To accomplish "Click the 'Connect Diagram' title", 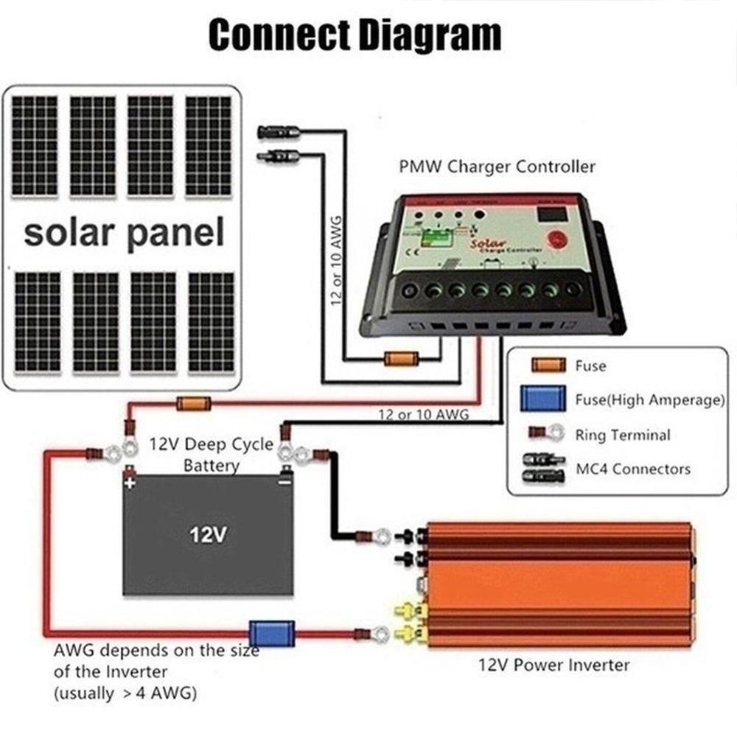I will pos(354,35).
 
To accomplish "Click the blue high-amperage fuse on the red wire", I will pos(262,632).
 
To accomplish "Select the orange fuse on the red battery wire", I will pos(194,403).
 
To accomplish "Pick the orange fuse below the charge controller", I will pos(402,359).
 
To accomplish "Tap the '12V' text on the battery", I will pos(207,534).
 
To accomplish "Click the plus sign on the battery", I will pos(130,484).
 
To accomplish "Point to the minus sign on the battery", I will pos(284,483).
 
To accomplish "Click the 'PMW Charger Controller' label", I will pos(497,167).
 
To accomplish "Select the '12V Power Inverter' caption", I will pos(552,666).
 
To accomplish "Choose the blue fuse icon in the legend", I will pos(542,399).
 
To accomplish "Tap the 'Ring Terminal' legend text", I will pos(623,435).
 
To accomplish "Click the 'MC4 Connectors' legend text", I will pos(632,469).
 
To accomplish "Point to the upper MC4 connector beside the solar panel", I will pos(278,132).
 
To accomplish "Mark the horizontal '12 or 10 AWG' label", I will pos(423,415).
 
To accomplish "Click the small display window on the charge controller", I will pos(553,214).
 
